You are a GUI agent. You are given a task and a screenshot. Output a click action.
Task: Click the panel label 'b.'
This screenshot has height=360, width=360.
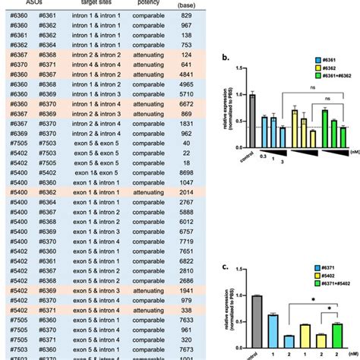click(216, 58)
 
